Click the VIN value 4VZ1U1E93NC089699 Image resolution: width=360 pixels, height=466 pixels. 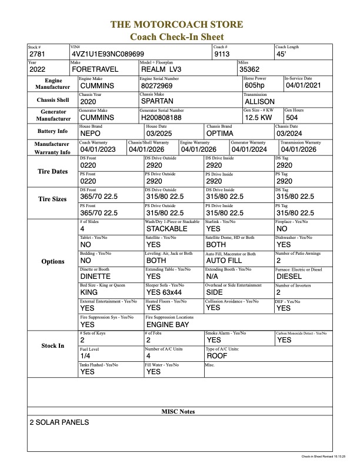tap(107, 54)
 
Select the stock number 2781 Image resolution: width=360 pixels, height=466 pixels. tap(38, 54)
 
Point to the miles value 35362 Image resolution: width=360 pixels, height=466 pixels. tap(251, 69)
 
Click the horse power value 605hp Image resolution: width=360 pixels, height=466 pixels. tap(256, 85)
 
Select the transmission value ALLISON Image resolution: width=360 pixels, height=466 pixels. tap(259, 101)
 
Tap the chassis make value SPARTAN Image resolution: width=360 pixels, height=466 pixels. tap(159, 101)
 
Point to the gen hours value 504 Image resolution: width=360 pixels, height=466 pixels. tap(293, 117)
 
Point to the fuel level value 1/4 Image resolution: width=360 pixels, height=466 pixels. tap(85, 356)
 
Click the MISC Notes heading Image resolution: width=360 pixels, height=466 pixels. tap(179, 411)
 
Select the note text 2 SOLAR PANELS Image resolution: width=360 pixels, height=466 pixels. tap(59, 422)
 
